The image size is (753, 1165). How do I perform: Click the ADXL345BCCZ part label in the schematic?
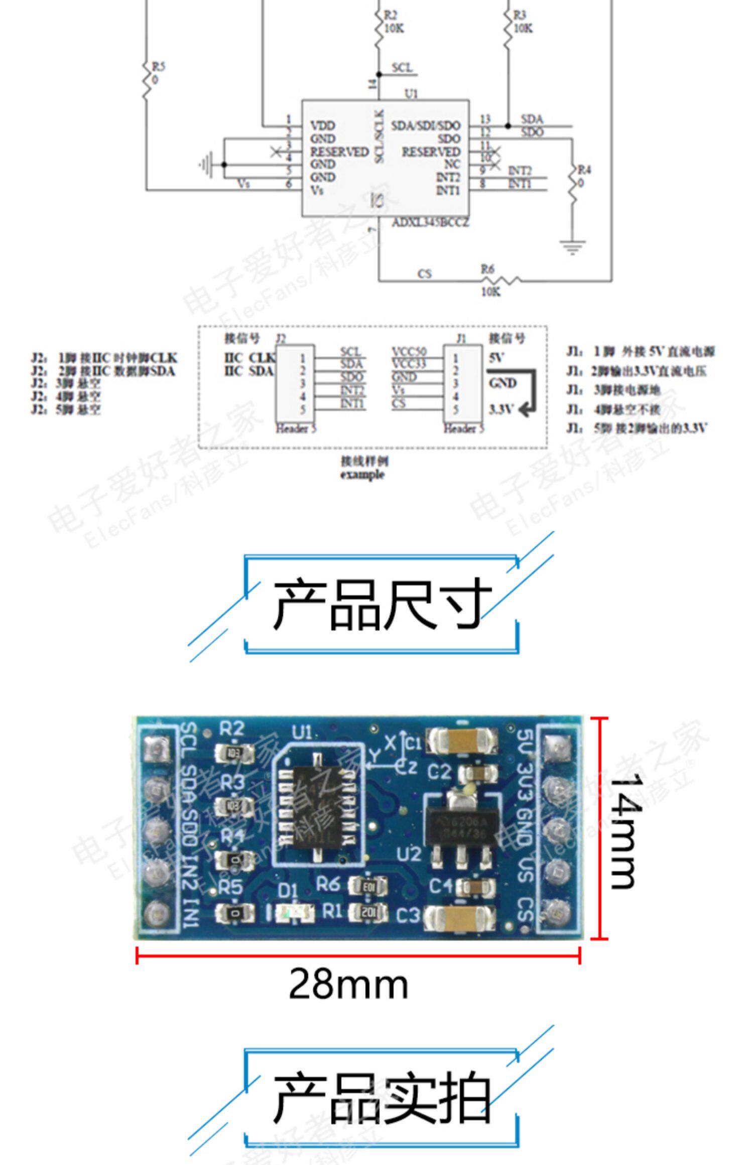coord(430,222)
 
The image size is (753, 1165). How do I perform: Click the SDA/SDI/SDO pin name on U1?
coord(426,125)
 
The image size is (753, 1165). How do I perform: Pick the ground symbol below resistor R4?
coord(572,247)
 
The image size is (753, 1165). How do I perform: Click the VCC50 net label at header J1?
coord(409,352)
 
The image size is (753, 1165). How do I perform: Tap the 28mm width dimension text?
coord(348,984)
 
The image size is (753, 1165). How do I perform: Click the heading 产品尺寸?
coord(382,604)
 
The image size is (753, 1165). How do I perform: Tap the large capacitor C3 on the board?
coord(459,916)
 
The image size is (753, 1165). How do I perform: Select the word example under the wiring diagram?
coord(362,475)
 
